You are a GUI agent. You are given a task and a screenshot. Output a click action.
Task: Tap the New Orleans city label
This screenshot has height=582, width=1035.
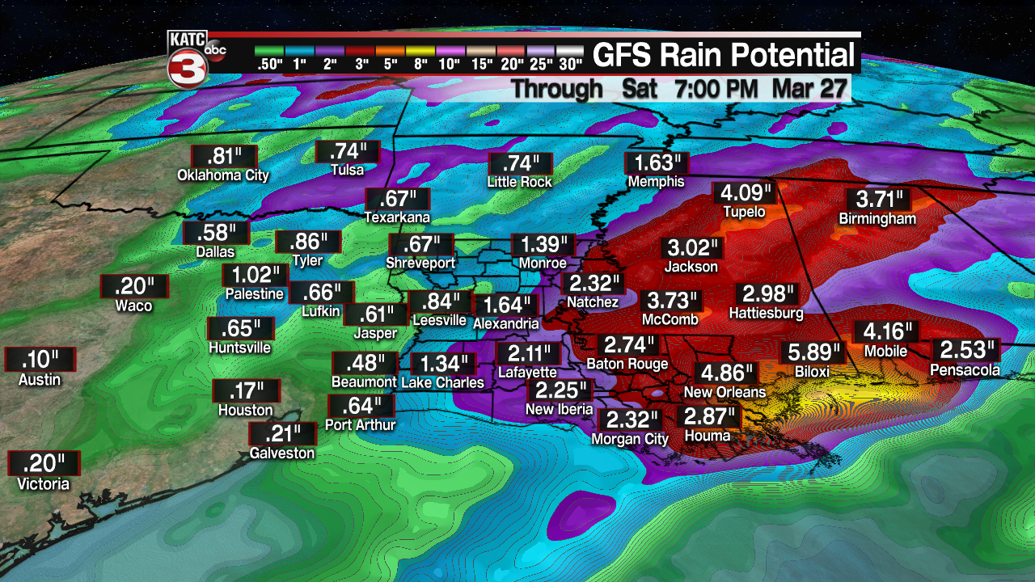pos(724,392)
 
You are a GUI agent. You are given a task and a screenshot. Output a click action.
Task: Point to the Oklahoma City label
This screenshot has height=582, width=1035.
pos(223,175)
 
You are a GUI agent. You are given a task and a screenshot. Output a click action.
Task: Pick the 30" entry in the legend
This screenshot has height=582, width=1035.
pos(569,63)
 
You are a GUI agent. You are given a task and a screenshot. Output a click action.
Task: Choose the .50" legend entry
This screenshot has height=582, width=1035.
pos(268,63)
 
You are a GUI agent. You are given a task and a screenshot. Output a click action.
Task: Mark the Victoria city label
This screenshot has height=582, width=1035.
pos(44,484)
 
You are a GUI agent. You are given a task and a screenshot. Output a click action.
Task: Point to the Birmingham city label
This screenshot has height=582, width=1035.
pos(877,218)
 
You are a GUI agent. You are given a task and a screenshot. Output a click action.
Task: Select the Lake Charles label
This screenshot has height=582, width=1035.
pos(442,382)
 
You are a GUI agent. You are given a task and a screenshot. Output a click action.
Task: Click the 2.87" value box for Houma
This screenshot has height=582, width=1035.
pos(709,417)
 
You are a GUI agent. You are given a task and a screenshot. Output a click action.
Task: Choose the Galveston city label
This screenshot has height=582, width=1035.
pos(281,453)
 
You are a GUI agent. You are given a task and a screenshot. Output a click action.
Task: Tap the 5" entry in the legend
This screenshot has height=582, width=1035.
pos(390,63)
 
